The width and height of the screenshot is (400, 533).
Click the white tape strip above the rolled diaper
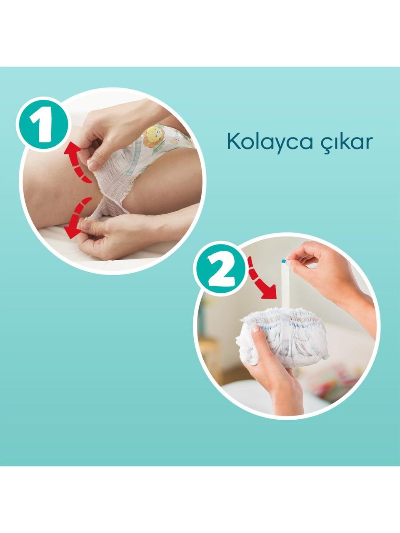284,286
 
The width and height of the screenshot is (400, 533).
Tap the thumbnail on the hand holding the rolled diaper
256,329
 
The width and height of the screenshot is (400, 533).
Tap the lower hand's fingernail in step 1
85,225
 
